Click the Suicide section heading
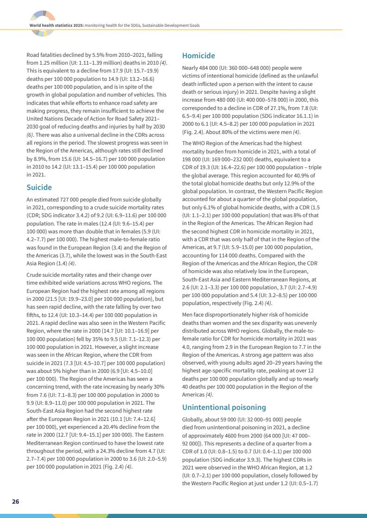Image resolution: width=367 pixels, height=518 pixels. [39, 188]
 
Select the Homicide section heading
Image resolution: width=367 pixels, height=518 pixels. [199, 56]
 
